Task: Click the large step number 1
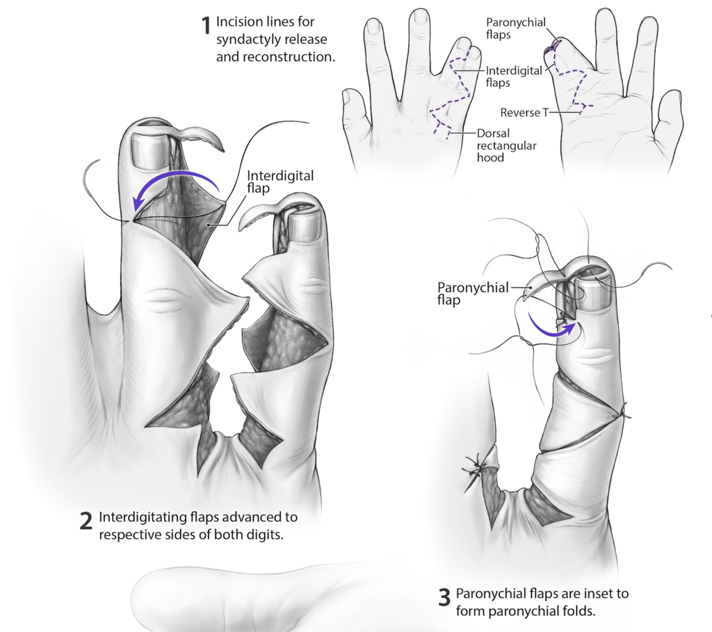(205, 26)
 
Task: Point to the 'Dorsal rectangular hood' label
(494, 145)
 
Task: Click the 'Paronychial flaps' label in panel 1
(515, 28)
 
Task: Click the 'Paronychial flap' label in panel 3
(472, 293)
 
